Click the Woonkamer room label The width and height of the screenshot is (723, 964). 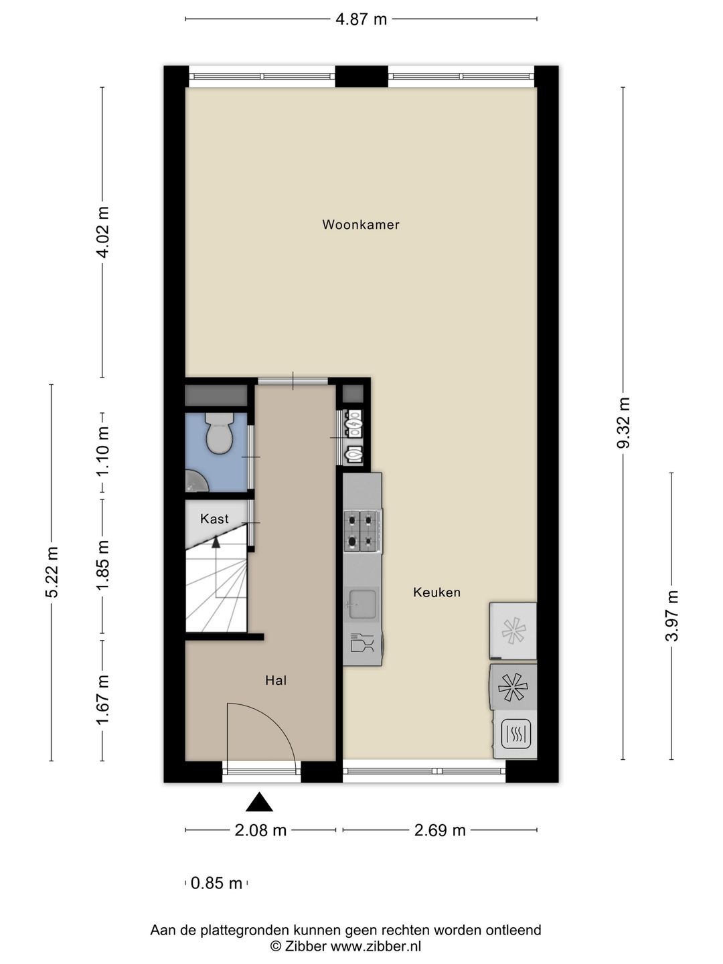tap(361, 224)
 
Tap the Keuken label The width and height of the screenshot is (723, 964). tap(436, 592)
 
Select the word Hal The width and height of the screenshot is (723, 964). tap(276, 680)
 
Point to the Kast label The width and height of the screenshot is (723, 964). tap(214, 519)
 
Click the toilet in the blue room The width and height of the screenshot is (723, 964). tap(219, 433)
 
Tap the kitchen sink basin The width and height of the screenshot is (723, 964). tap(362, 604)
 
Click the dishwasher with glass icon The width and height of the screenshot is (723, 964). tap(363, 644)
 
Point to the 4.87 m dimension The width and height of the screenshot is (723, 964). tap(361, 19)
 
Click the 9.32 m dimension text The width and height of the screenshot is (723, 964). tap(623, 422)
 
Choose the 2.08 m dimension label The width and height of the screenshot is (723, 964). tap(260, 831)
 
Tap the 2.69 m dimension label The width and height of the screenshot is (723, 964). tap(439, 831)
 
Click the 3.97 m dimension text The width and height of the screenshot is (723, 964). tap(671, 615)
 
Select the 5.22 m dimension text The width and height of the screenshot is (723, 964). tap(52, 572)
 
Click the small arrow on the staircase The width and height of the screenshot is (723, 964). tap(216, 542)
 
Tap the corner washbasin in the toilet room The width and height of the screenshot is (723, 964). tap(195, 480)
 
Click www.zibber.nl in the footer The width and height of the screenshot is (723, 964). tap(376, 945)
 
